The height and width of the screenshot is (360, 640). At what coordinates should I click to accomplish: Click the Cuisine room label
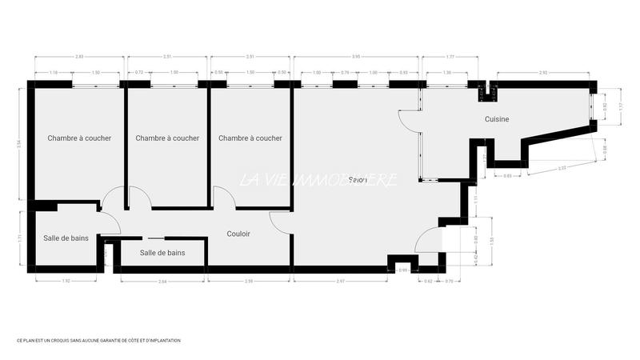(497, 119)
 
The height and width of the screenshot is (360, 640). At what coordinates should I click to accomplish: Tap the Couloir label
(238, 234)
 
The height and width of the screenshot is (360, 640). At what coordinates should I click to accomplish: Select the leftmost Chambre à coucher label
(79, 138)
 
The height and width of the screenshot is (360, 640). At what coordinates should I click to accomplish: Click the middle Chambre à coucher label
(167, 138)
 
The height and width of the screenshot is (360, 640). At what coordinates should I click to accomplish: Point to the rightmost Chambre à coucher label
(250, 138)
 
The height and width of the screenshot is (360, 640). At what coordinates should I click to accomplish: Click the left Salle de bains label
(66, 238)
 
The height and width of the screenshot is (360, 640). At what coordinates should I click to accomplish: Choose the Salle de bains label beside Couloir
(162, 253)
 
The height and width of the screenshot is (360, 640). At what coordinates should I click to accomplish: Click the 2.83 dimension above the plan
(78, 57)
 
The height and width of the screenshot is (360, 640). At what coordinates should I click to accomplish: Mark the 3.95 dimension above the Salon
(356, 57)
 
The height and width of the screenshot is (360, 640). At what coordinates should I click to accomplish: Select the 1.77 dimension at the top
(450, 57)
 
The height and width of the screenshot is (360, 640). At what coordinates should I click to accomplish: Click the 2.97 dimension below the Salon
(340, 282)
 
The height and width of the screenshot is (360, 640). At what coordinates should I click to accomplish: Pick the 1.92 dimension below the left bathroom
(66, 282)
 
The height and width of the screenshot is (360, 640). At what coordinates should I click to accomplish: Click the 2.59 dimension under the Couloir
(249, 282)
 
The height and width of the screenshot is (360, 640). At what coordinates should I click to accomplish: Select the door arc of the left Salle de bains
(110, 224)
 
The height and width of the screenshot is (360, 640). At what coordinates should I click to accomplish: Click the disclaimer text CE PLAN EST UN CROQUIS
(98, 340)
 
